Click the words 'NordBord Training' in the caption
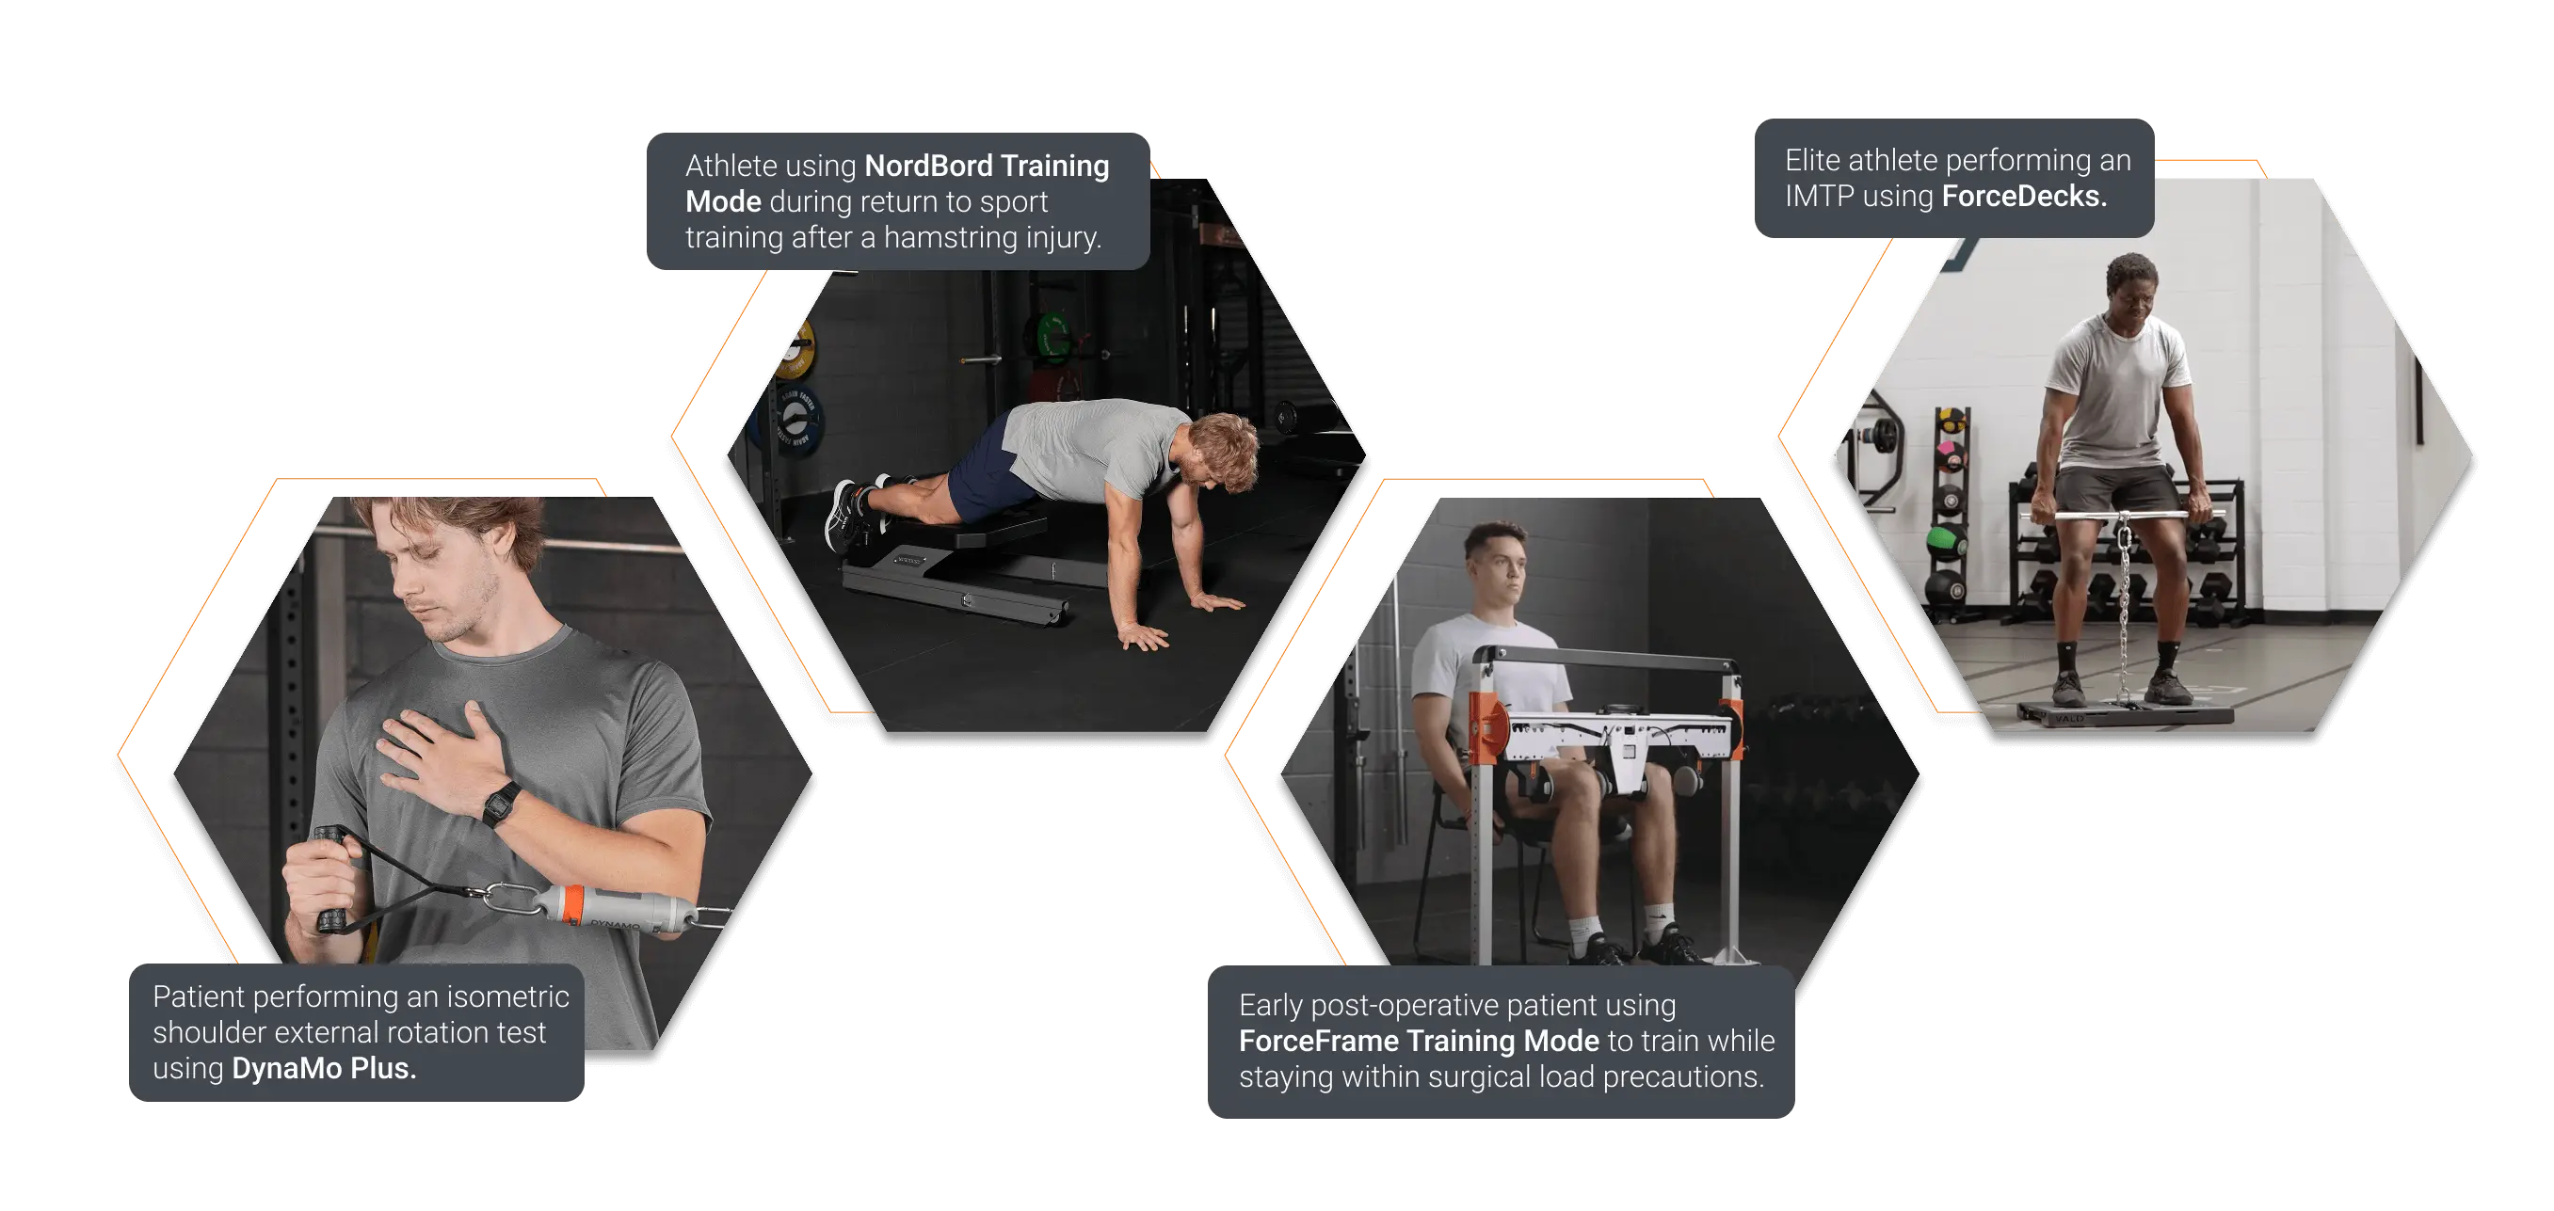tap(987, 166)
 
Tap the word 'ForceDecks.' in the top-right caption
tap(2024, 197)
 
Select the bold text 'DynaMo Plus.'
tap(323, 1068)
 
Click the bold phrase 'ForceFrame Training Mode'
tap(1419, 1041)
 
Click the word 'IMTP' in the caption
tap(1820, 197)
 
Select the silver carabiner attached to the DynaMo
tap(509, 899)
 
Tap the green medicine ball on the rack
tap(1944, 541)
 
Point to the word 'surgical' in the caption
tap(1488, 1077)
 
